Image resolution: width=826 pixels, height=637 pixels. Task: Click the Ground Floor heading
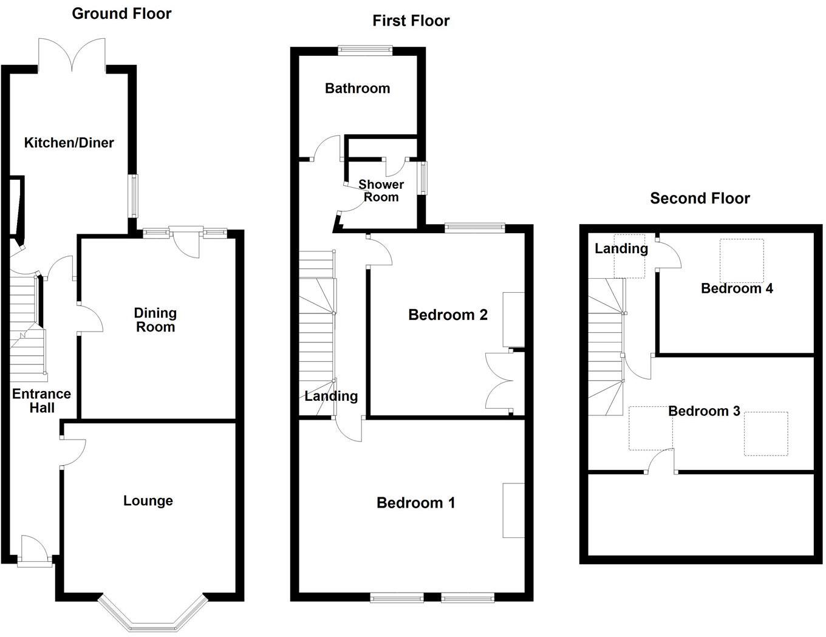point(121,14)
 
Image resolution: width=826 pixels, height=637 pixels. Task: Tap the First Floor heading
point(411,21)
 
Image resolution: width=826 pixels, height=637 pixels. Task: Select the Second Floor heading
point(700,199)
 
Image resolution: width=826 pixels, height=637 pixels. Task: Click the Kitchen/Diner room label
point(69,143)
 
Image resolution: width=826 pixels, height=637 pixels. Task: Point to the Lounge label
point(148,501)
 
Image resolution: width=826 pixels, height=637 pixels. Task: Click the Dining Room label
point(155,320)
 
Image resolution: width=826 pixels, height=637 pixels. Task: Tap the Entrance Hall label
point(41,401)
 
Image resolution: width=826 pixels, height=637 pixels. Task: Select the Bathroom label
point(357,89)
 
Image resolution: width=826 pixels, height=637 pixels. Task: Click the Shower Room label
point(381,191)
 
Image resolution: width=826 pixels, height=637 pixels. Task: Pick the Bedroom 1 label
point(415,503)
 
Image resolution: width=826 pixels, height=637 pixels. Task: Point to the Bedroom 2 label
point(448,315)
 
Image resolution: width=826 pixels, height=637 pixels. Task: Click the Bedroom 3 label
point(704,412)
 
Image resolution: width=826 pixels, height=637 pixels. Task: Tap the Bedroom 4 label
point(737,288)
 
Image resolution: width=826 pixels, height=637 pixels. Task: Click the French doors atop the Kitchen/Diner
point(72,55)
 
